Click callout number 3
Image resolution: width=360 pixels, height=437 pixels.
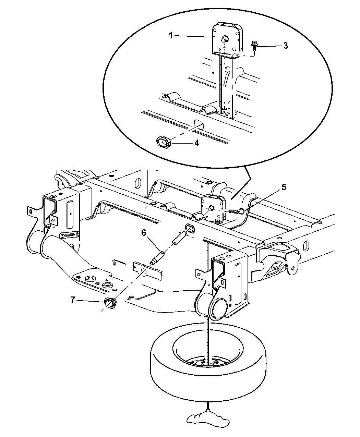point(285,46)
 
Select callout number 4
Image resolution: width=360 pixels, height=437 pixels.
point(196,143)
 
